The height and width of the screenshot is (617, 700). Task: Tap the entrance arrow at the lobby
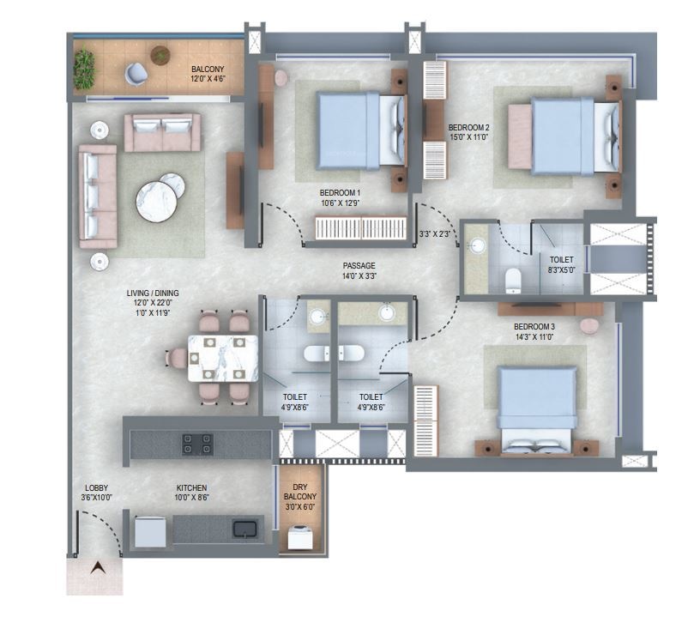click(x=97, y=568)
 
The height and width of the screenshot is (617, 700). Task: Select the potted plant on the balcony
click(x=84, y=63)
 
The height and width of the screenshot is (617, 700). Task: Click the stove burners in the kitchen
click(x=196, y=443)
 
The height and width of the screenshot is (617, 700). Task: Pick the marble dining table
click(x=223, y=357)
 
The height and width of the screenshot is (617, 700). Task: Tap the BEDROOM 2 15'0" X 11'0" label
click(x=469, y=131)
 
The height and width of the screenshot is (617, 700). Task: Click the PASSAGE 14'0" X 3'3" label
click(x=359, y=271)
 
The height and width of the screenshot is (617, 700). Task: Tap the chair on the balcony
click(x=136, y=74)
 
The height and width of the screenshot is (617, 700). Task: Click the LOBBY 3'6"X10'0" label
click(x=95, y=493)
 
